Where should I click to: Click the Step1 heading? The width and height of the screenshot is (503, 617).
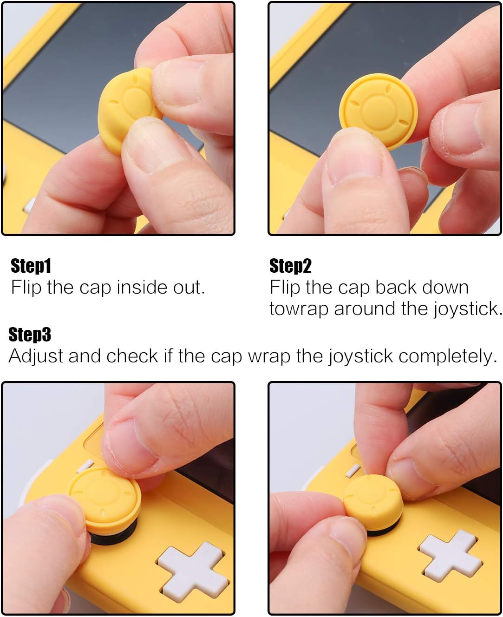pyautogui.click(x=31, y=266)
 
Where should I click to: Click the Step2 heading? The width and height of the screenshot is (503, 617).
pyautogui.click(x=290, y=266)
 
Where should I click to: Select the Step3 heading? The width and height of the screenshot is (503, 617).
pyautogui.click(x=30, y=335)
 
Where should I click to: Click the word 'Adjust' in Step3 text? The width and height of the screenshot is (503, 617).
pyautogui.click(x=36, y=356)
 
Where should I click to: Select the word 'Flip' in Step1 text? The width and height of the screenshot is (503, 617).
pyautogui.click(x=26, y=287)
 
